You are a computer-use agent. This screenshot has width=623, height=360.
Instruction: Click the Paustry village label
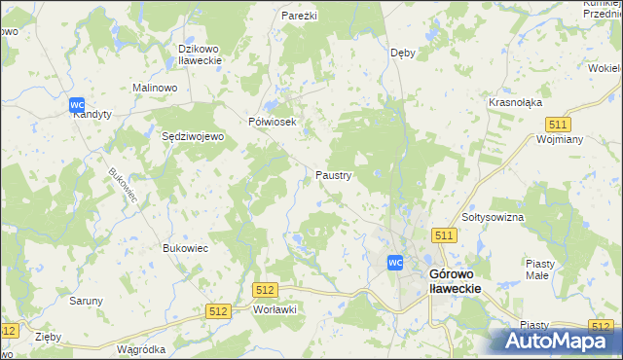point(334,175)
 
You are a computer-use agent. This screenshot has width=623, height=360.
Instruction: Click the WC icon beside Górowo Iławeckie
point(395,262)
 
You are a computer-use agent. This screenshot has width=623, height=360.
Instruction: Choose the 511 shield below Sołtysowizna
point(445,236)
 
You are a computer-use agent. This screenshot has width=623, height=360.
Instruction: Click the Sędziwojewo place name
point(193,137)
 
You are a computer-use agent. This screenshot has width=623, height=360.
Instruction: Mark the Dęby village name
point(402,53)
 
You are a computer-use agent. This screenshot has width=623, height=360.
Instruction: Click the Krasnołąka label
point(515,102)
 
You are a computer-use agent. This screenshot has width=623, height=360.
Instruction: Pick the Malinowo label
point(154,88)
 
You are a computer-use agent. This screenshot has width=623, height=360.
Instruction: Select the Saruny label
point(86,301)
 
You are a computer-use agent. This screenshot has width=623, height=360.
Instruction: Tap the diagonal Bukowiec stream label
point(123,186)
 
